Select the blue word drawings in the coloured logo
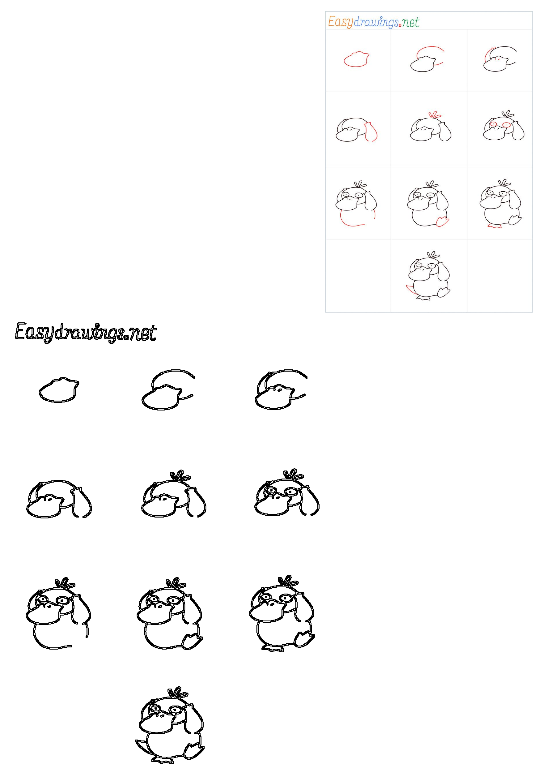(376, 22)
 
